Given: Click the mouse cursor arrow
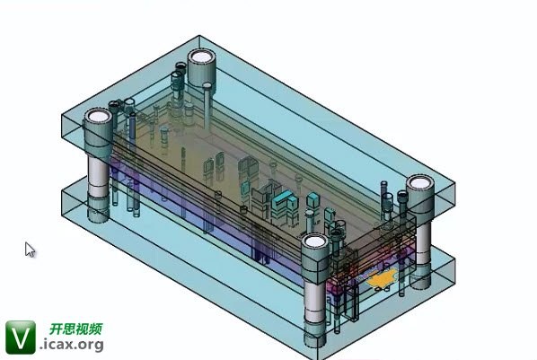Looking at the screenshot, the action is coord(29,249).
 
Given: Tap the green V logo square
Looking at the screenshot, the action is coord(21,337).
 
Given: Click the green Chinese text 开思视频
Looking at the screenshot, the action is coord(75,329).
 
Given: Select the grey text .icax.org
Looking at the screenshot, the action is coord(72,344).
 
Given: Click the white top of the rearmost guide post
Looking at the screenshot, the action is coord(201,57).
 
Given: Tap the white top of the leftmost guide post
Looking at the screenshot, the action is coord(98,117).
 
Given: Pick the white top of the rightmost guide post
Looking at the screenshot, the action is coord(420,182).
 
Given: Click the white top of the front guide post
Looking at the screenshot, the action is coord(315,241).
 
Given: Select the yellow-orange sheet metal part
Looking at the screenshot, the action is coord(383,278).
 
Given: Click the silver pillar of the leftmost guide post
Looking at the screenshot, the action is coord(98,176).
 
